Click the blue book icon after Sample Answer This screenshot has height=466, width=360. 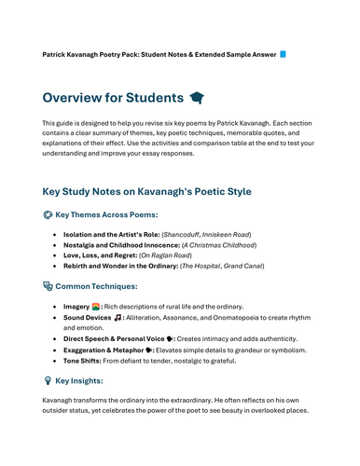click(284, 55)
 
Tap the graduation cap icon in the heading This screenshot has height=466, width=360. click(196, 98)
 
